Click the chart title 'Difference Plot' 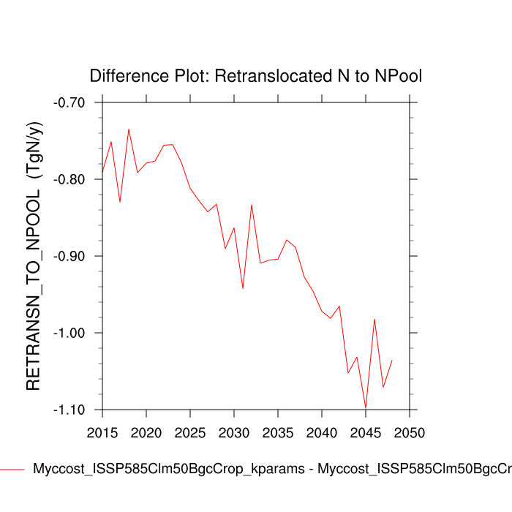[x=256, y=76]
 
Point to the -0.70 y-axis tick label [x=69, y=102]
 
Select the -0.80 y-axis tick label [x=69, y=179]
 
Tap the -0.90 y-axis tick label [x=69, y=256]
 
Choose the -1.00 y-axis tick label [x=69, y=333]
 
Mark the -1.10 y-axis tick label [x=69, y=410]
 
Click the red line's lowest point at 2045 [x=366, y=408]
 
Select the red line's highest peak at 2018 [x=129, y=129]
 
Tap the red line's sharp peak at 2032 [x=252, y=205]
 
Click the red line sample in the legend [x=12, y=469]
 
